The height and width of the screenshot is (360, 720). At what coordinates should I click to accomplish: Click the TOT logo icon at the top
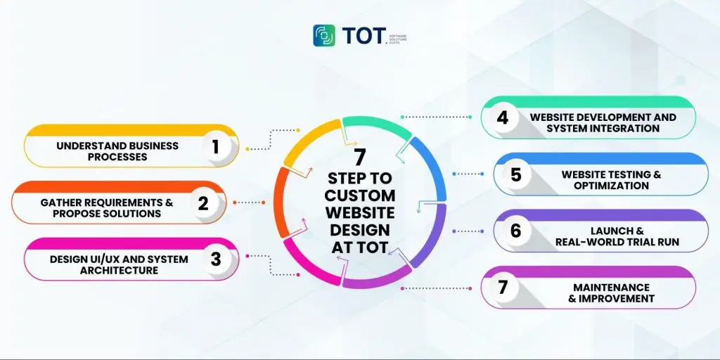(x=324, y=36)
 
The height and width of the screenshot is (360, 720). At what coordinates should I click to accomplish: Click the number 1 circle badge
(x=215, y=146)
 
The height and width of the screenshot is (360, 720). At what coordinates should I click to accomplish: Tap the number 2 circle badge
(x=202, y=203)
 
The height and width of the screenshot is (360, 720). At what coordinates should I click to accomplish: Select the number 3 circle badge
(x=215, y=259)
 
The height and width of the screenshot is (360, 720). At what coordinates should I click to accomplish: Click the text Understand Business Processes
(x=117, y=151)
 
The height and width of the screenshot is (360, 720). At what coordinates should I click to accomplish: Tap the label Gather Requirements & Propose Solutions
(x=106, y=207)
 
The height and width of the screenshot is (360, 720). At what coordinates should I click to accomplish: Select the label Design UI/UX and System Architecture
(x=119, y=264)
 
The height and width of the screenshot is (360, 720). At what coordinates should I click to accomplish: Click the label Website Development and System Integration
(x=603, y=122)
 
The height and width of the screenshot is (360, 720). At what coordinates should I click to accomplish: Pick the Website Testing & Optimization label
(x=611, y=179)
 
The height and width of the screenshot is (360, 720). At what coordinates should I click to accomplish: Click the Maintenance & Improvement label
(x=611, y=292)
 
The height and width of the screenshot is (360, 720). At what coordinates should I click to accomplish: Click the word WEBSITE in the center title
(x=361, y=212)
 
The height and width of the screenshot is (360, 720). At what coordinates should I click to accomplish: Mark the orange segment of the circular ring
(x=279, y=203)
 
